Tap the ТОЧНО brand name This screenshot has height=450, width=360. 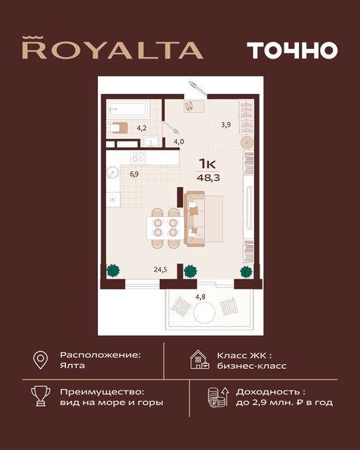tap(292, 49)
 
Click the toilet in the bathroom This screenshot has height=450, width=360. tap(117, 127)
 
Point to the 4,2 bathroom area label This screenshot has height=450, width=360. tap(141, 127)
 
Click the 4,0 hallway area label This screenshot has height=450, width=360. tap(178, 141)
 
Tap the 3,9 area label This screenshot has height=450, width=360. tap(226, 124)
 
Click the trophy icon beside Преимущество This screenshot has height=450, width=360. tap(39, 395)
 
